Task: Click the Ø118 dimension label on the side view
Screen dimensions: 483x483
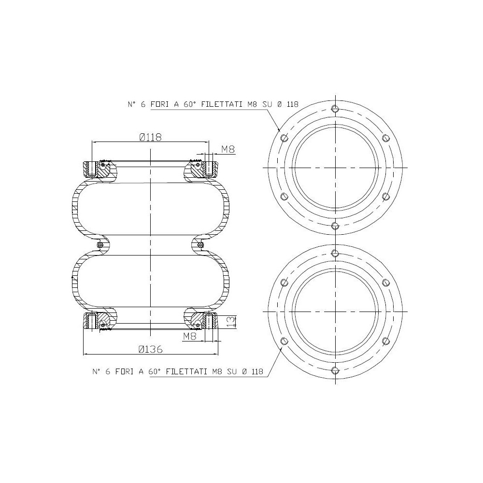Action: (150, 137)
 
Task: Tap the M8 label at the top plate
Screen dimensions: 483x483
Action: (228, 150)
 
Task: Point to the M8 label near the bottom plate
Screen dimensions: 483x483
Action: (190, 337)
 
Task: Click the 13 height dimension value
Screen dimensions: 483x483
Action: (230, 320)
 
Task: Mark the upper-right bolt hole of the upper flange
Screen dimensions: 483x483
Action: (385, 138)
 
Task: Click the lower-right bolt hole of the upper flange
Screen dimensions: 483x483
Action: (385, 196)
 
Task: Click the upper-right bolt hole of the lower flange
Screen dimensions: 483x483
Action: (385, 283)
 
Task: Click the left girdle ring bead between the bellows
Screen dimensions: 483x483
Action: (100, 245)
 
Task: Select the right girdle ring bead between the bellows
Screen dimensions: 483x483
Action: (200, 245)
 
